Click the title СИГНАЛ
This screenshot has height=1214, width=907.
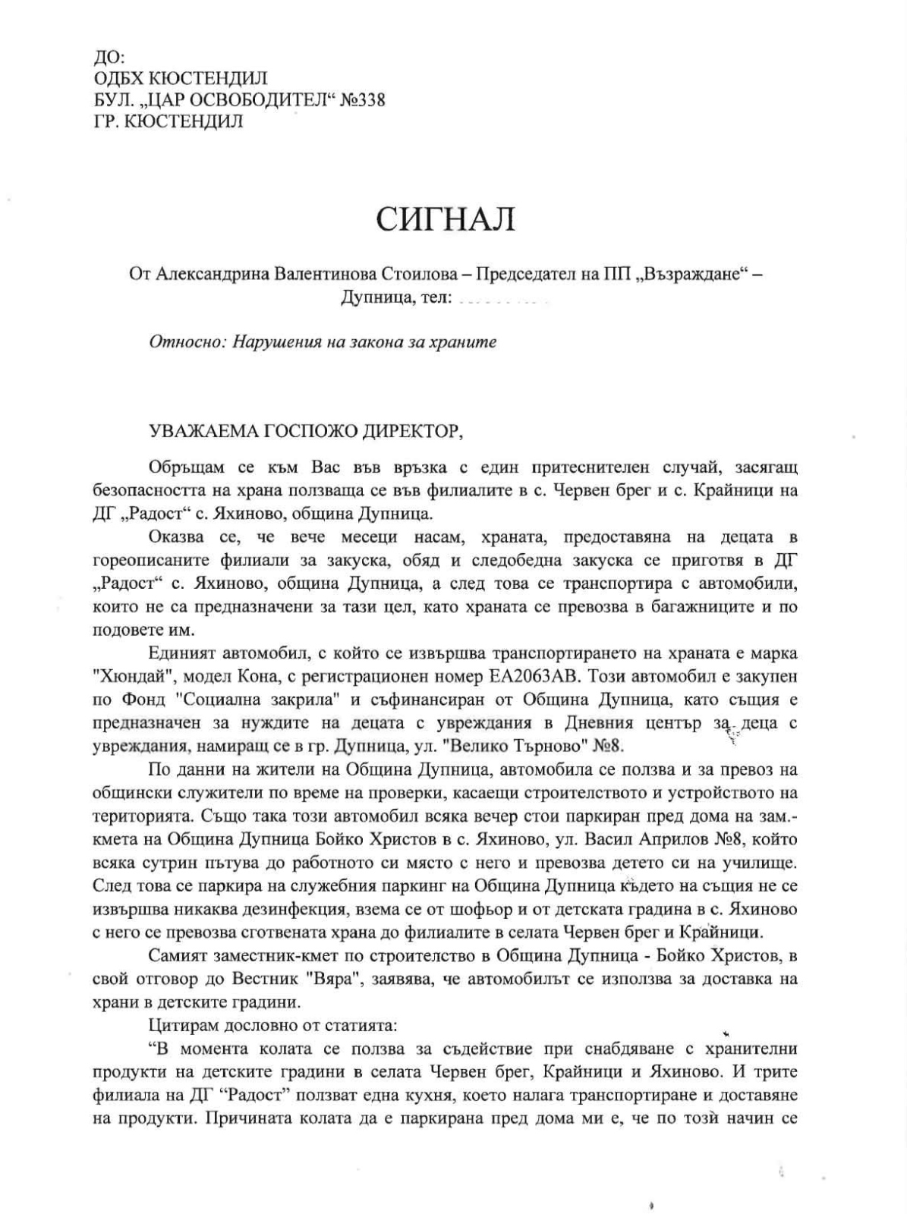[445, 220]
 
